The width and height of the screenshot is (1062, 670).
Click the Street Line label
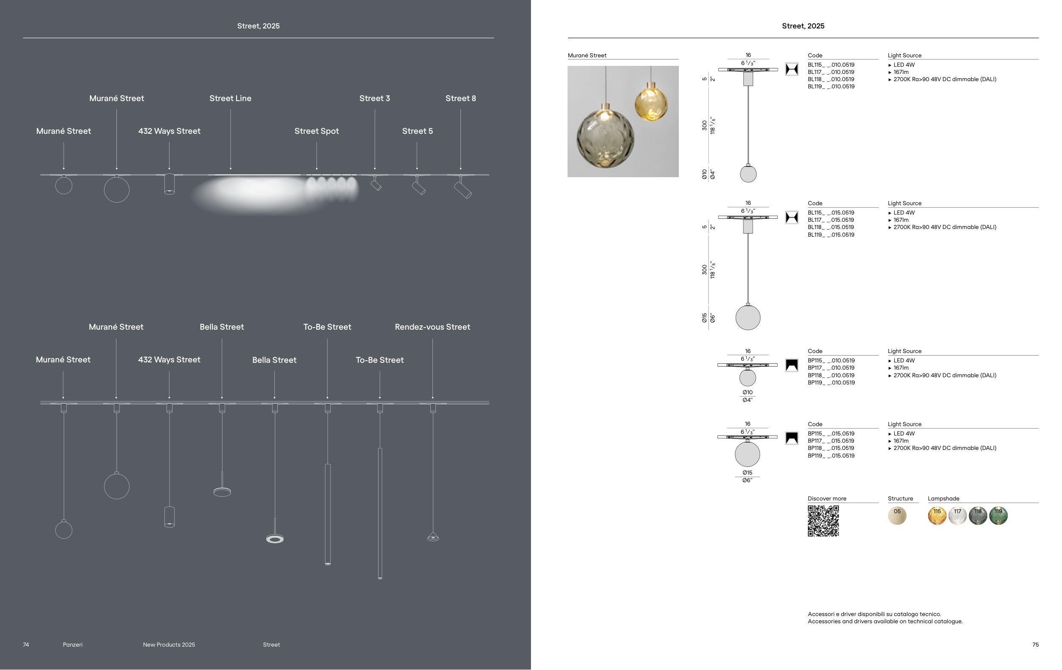pos(230,99)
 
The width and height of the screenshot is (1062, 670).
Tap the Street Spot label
pos(316,131)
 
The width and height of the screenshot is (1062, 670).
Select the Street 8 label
pos(460,99)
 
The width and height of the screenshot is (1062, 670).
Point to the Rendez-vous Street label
pos(432,327)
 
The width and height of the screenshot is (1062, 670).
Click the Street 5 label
pos(417,131)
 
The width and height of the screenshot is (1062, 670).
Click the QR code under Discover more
pos(823,521)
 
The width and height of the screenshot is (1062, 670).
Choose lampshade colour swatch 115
pos(937,516)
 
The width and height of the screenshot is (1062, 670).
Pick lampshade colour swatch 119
pos(998,516)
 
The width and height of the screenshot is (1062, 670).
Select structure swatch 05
pos(897,516)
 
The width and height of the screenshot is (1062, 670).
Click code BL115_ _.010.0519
pos(831,65)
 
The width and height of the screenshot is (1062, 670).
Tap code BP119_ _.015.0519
pos(831,455)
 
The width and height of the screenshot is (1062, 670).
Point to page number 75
pos(1035,645)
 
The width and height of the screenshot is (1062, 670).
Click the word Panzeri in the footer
pos(72,645)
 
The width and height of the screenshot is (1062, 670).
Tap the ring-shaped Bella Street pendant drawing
pos(275,539)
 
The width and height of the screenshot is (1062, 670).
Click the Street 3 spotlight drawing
pos(376,184)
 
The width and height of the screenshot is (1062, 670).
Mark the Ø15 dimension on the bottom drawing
pos(747,472)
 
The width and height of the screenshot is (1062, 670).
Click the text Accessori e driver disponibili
pos(874,614)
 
